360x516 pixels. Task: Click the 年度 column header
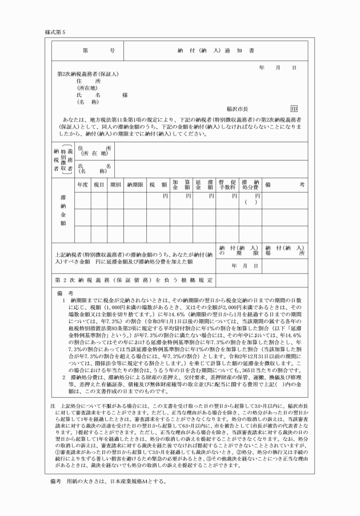(x=82, y=185)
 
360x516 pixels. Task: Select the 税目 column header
(x=99, y=185)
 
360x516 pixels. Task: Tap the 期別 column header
(x=115, y=185)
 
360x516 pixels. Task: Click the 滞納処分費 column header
(x=250, y=185)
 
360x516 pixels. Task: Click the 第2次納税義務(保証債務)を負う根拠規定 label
(x=134, y=280)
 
